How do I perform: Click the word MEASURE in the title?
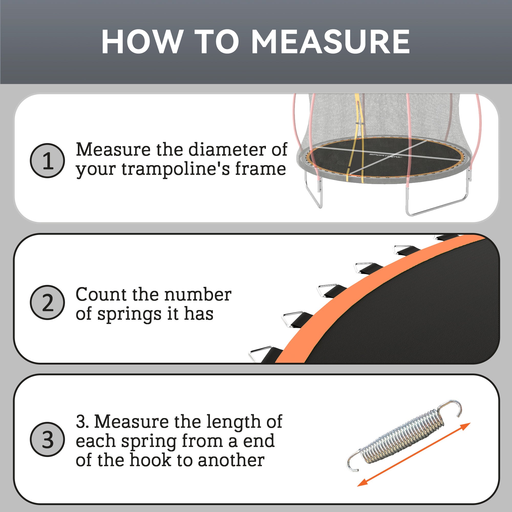pyautogui.click(x=330, y=42)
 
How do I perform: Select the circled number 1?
pyautogui.click(x=47, y=161)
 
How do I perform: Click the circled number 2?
pyautogui.click(x=47, y=302)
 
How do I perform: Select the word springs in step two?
pyautogui.click(x=129, y=315)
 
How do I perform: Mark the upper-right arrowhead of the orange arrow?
pyautogui.click(x=465, y=426)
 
